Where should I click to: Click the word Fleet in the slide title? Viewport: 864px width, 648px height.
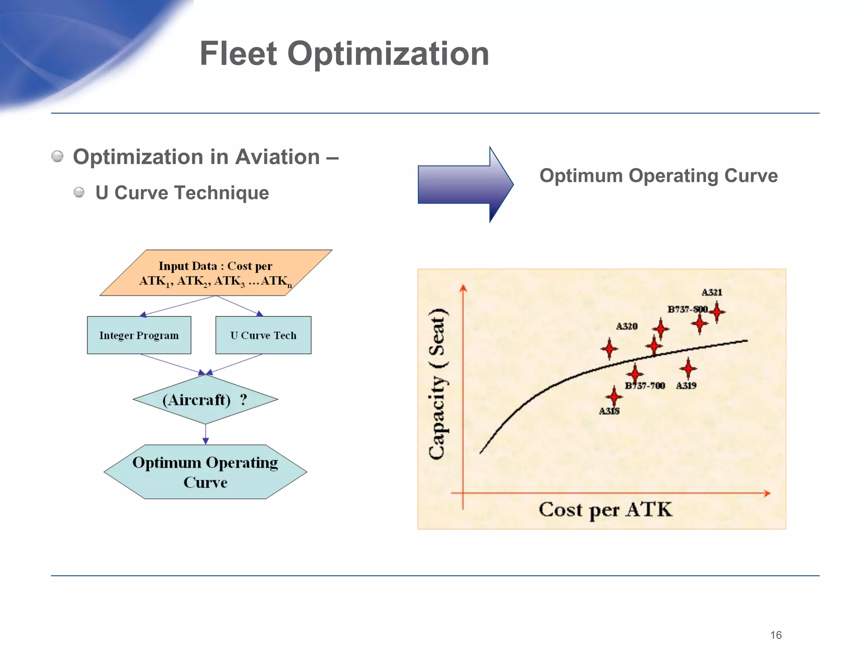click(x=238, y=54)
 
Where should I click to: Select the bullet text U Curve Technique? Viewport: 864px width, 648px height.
click(x=182, y=193)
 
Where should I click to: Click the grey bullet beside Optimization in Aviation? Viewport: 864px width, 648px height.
click(x=57, y=157)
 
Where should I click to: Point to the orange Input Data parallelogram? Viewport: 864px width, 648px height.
click(x=216, y=273)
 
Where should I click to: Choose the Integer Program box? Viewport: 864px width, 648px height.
click(x=139, y=335)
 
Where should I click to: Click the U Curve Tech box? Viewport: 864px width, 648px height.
click(x=263, y=335)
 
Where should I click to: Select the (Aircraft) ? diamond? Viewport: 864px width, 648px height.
click(x=205, y=400)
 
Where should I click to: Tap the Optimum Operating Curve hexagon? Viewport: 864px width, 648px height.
click(x=205, y=472)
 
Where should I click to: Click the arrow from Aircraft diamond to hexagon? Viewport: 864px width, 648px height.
click(x=205, y=434)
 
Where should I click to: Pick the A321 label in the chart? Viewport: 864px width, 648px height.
click(x=712, y=292)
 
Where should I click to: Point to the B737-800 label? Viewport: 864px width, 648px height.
click(x=687, y=309)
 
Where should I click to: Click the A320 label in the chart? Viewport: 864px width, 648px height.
click(x=626, y=326)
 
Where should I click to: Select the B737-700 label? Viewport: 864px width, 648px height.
click(x=645, y=386)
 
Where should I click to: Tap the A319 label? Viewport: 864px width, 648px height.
click(x=686, y=386)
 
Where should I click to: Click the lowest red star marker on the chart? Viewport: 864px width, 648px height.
click(x=614, y=397)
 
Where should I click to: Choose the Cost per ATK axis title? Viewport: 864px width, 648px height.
click(x=605, y=510)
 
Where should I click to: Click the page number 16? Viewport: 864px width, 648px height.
click(x=776, y=635)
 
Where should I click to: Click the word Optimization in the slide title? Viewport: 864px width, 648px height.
click(x=388, y=54)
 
